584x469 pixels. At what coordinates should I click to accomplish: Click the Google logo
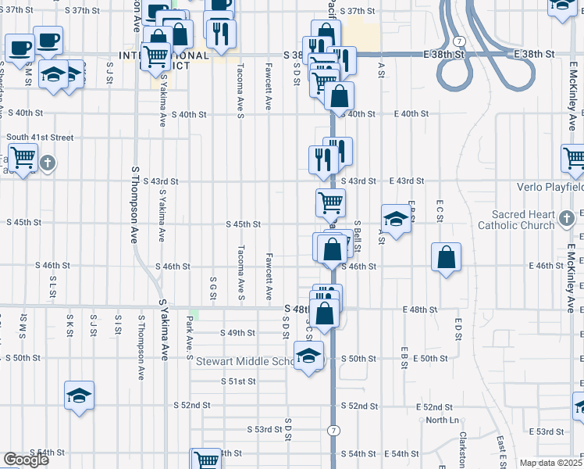[26, 460]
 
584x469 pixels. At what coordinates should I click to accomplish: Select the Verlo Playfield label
[550, 188]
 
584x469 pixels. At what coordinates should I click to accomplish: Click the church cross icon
[48, 163]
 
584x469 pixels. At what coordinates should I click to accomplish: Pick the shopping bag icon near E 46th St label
[446, 257]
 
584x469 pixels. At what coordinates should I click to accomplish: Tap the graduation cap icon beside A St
[396, 218]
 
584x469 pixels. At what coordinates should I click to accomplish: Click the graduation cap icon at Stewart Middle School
[309, 356]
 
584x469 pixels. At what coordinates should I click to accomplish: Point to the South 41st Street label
[40, 138]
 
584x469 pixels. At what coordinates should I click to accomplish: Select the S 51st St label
[239, 381]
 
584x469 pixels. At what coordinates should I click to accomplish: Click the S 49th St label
[238, 333]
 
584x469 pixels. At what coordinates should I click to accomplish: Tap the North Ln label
[441, 420]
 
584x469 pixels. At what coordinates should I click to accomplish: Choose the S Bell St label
[357, 237]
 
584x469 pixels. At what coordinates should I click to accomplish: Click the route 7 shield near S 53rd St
[334, 431]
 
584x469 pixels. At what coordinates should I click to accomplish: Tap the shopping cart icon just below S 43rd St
[330, 202]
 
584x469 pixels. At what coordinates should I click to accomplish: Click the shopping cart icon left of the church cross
[23, 159]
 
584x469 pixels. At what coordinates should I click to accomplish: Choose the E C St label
[440, 216]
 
